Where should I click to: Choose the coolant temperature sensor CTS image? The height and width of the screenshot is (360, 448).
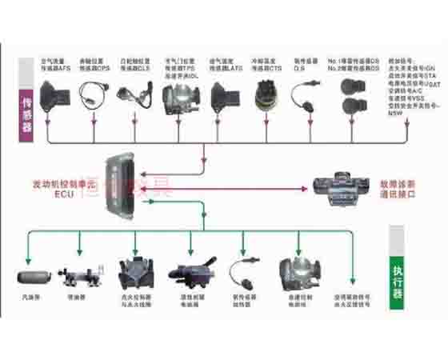(x=265, y=98)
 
